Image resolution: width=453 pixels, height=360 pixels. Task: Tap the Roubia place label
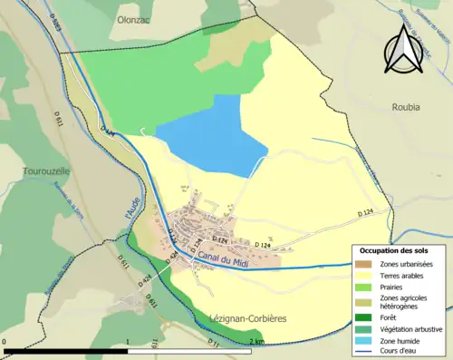pos(406,106)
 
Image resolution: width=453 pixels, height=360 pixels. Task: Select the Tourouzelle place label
pos(44,170)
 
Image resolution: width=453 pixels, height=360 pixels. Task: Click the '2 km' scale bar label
pos(256,341)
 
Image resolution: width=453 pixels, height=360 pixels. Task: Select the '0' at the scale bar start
pos(5,341)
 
